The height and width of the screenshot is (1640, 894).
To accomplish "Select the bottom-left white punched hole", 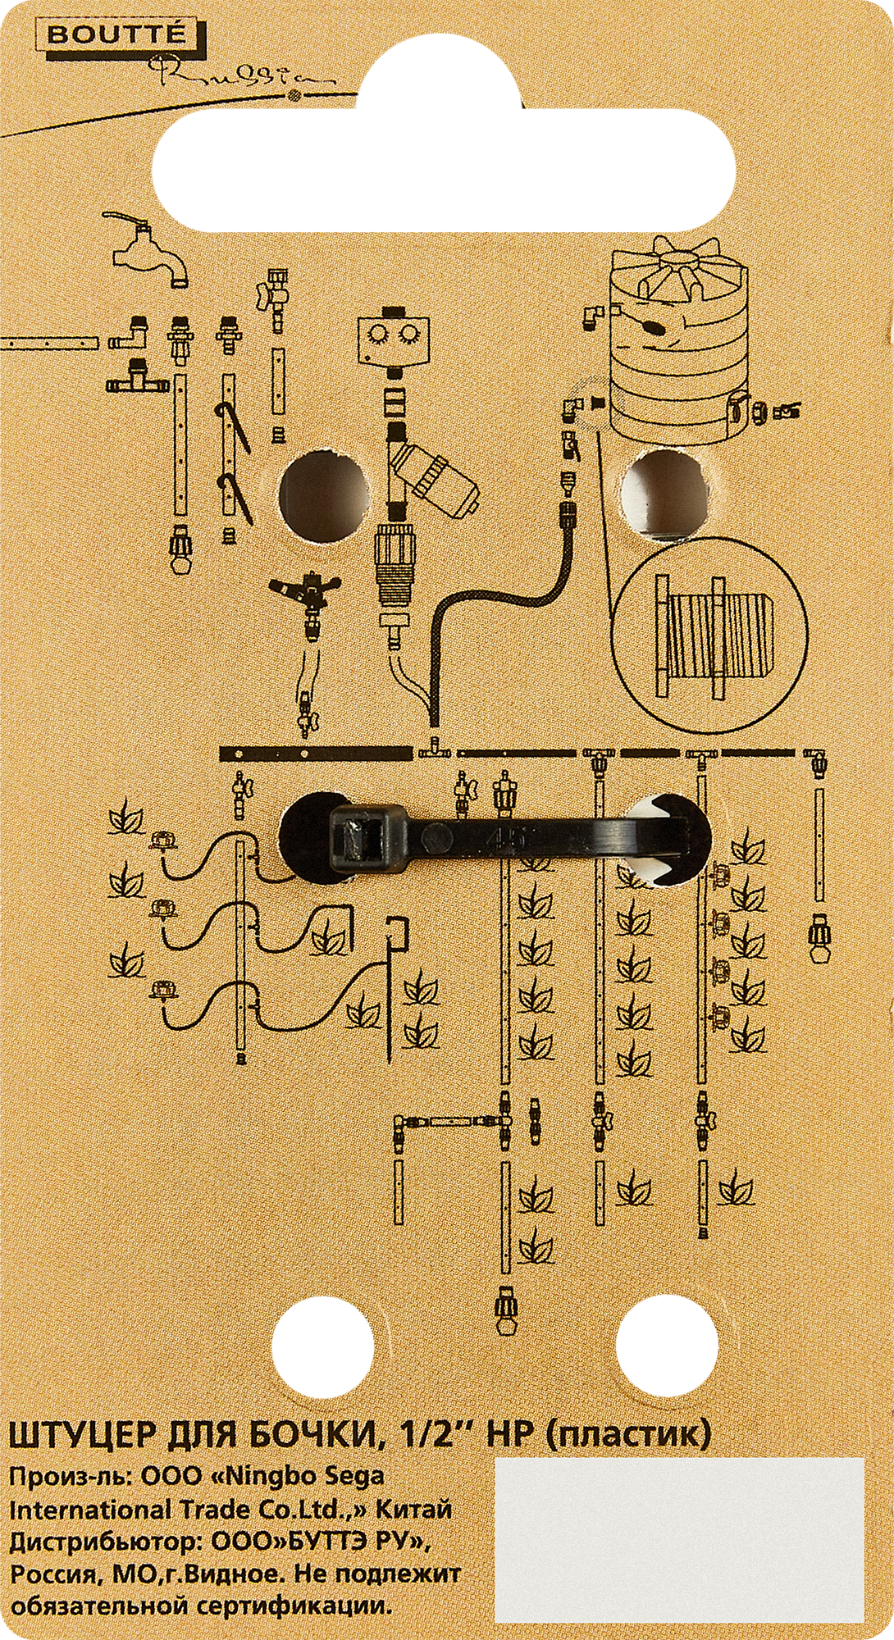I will click(x=322, y=1344).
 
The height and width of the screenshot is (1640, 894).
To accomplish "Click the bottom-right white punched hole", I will click(x=667, y=1344).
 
